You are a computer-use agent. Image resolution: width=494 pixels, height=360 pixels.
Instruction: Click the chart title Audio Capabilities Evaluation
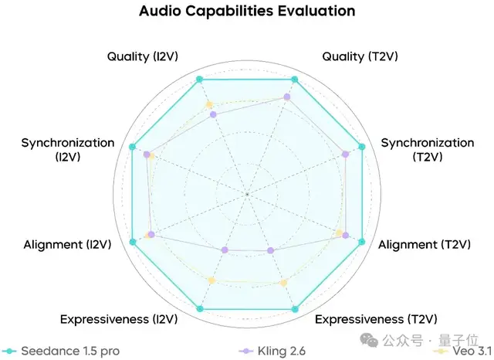pyautogui.click(x=247, y=12)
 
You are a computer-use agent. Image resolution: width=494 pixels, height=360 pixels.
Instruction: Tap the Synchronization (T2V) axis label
pyautogui.click(x=428, y=150)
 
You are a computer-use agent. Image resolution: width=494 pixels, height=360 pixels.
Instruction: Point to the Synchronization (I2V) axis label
pyautogui.click(x=68, y=150)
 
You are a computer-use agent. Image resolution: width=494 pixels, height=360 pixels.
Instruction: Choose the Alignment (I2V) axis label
pyautogui.click(x=67, y=245)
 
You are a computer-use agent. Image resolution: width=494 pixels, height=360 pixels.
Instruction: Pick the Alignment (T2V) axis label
pyautogui.click(x=425, y=245)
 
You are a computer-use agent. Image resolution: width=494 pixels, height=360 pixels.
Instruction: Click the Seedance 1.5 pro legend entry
pyautogui.click(x=62, y=351)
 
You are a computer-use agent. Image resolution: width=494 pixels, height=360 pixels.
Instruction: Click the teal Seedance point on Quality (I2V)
pyautogui.click(x=199, y=80)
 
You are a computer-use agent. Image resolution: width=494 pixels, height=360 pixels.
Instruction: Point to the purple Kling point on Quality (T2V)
pyautogui.click(x=287, y=97)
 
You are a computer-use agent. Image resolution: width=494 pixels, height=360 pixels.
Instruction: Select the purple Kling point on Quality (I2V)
pyautogui.click(x=214, y=114)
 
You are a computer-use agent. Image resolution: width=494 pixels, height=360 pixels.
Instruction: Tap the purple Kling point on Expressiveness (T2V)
pyautogui.click(x=270, y=250)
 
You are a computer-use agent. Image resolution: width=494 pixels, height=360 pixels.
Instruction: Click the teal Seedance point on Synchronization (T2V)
pyautogui.click(x=361, y=147)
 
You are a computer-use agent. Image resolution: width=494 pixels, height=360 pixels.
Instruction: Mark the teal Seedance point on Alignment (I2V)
pyautogui.click(x=133, y=243)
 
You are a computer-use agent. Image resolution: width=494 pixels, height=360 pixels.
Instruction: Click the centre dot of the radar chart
pyautogui.click(x=247, y=193)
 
